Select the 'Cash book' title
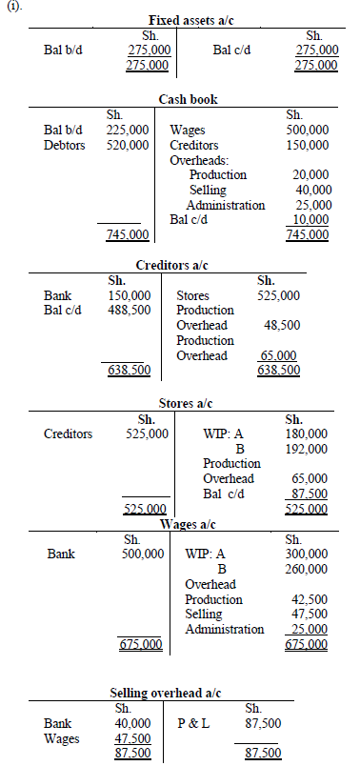pyautogui.click(x=186, y=99)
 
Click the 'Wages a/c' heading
pyautogui.click(x=188, y=525)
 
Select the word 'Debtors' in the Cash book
pyautogui.click(x=65, y=145)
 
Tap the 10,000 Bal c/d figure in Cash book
pyautogui.click(x=309, y=220)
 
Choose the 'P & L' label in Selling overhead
pyautogui.click(x=194, y=723)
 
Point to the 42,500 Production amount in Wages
pyautogui.click(x=310, y=599)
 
